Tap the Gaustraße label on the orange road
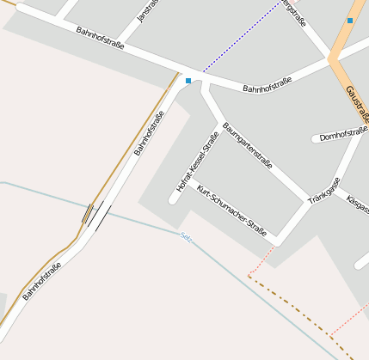click(356, 103)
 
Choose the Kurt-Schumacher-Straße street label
click(231, 211)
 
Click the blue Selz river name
click(186, 235)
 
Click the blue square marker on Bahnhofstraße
click(188, 81)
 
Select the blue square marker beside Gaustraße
click(350, 20)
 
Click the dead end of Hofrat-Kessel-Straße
click(173, 200)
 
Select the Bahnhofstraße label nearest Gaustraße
click(267, 84)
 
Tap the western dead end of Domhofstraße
click(314, 138)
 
